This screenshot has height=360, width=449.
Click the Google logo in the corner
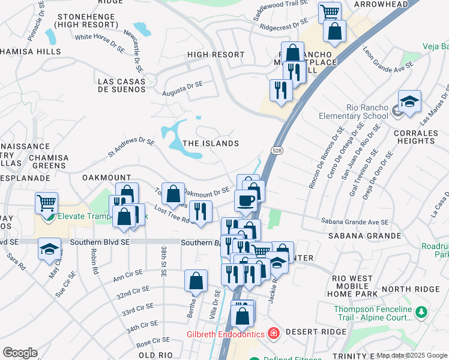(20, 353)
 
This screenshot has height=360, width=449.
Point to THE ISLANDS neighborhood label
(211, 143)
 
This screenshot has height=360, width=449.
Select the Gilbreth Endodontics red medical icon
(273, 332)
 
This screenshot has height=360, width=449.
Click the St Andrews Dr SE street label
(131, 148)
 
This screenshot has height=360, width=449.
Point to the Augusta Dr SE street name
(182, 89)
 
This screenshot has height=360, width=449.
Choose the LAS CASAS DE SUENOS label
(121, 85)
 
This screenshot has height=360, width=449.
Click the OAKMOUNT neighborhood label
(106, 178)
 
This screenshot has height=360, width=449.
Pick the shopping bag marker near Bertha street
(196, 280)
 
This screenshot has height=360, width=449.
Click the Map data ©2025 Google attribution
(412, 355)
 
